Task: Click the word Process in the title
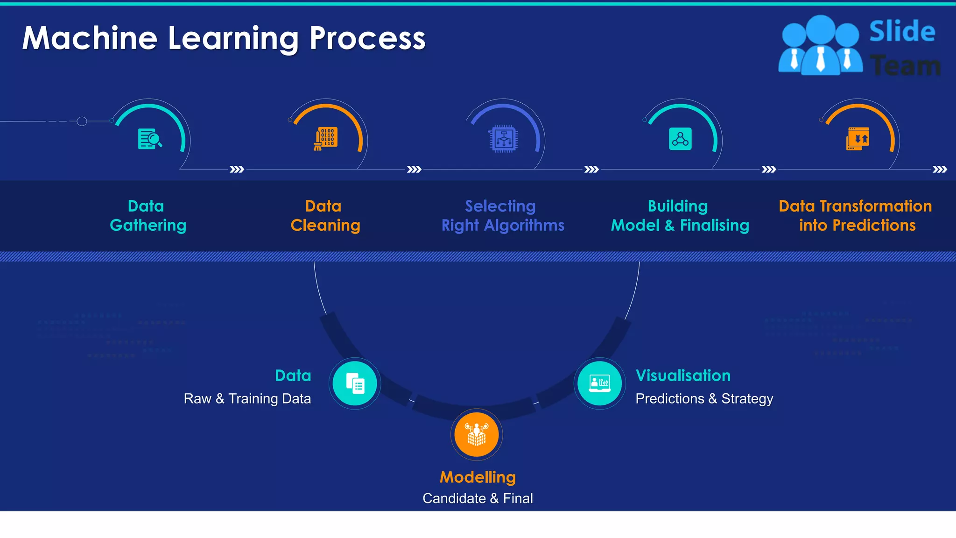[x=367, y=38]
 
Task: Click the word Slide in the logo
[x=902, y=32]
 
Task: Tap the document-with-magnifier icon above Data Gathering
[x=150, y=139]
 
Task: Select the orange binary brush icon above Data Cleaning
[x=326, y=139]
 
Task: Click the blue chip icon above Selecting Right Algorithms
[x=503, y=139]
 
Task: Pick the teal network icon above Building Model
[x=680, y=139]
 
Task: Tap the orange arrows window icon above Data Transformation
[x=858, y=139]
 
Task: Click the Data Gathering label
[x=148, y=216]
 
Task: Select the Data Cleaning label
[x=325, y=216]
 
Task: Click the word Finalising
[x=714, y=226]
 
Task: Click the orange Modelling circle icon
[x=477, y=435]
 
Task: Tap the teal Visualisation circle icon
[x=599, y=383]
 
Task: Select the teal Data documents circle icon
[x=355, y=383]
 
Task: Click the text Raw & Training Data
[x=247, y=399]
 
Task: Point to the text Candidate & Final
[x=478, y=498]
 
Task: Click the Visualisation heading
[x=683, y=375]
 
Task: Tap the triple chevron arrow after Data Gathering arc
[x=237, y=169]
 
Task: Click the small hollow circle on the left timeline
[x=82, y=121]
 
